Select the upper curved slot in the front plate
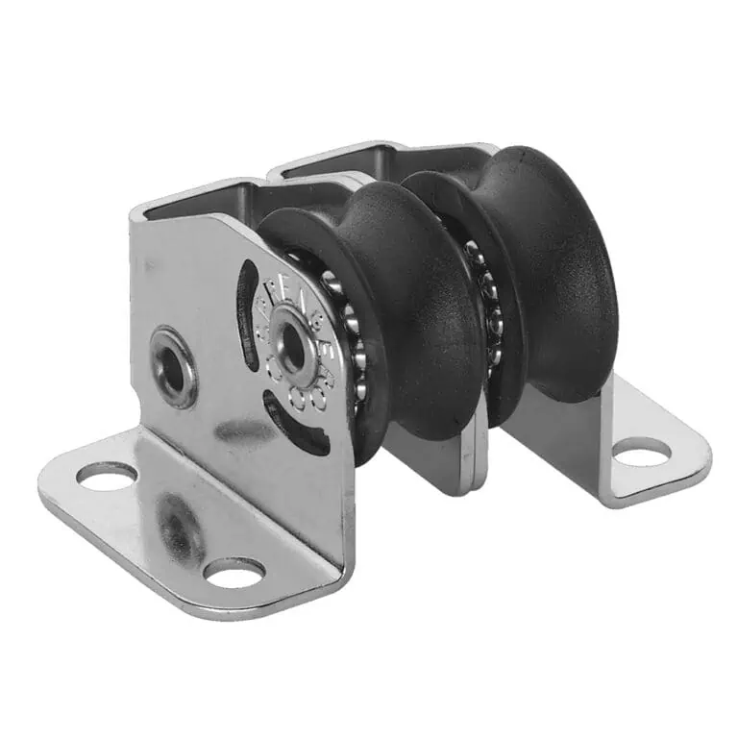[x=247, y=298]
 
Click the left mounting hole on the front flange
[x=107, y=474]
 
